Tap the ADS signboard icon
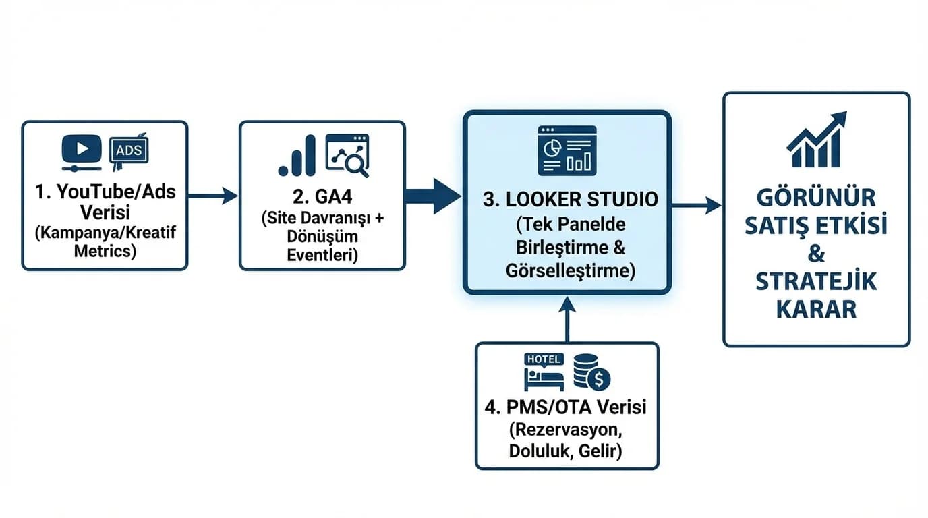(x=128, y=150)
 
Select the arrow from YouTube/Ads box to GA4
(x=212, y=196)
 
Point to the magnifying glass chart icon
(x=347, y=155)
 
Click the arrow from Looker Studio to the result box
(x=696, y=204)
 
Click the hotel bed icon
(x=544, y=372)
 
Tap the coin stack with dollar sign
(x=591, y=372)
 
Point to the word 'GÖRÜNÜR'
(x=816, y=198)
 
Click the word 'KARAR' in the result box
(x=816, y=309)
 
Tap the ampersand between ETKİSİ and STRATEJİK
(x=816, y=254)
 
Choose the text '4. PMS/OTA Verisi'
(x=567, y=407)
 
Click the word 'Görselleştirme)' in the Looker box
(x=570, y=270)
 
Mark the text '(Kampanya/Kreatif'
(x=105, y=233)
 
